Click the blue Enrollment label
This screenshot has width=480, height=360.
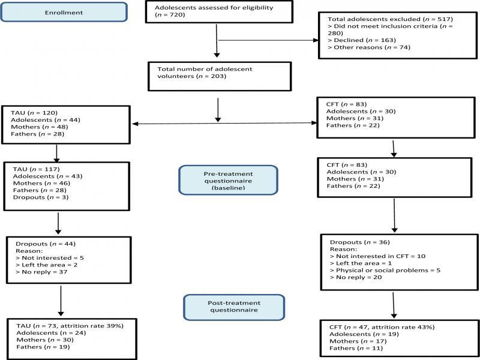tap(64, 12)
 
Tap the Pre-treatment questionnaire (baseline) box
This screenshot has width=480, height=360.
tap(228, 181)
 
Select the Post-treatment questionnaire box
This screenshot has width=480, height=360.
tap(234, 307)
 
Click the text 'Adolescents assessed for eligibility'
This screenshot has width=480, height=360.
tap(214, 8)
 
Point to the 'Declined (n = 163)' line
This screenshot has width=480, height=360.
tap(362, 40)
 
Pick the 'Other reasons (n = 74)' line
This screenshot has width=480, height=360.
tap(368, 47)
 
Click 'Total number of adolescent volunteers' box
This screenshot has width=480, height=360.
tap(219, 77)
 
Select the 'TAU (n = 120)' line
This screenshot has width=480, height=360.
tap(34, 113)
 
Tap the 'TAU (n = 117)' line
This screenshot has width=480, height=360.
tap(36, 169)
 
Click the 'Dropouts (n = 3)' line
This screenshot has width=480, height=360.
tap(41, 197)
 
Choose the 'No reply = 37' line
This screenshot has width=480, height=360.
tap(41, 272)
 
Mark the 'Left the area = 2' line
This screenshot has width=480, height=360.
tap(46, 265)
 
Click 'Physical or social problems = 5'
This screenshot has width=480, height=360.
tap(385, 271)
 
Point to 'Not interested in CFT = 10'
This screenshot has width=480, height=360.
tap(378, 256)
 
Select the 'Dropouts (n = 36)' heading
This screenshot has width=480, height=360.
tap(360, 242)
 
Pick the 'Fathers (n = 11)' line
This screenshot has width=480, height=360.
tap(356, 349)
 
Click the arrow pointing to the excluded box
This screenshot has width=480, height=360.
tap(268, 40)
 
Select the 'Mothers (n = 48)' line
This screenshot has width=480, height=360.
tap(39, 127)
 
